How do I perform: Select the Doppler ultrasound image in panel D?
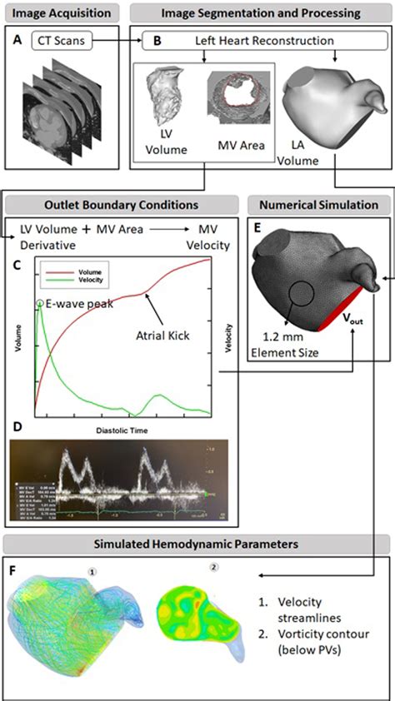pyautogui.click(x=129, y=481)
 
